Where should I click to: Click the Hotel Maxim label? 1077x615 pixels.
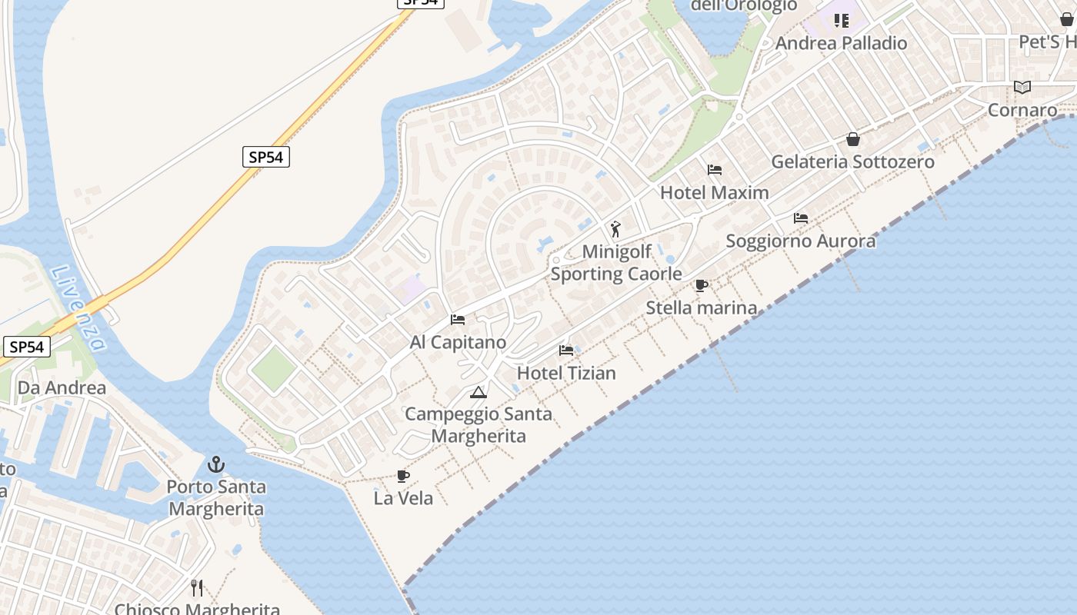tap(714, 192)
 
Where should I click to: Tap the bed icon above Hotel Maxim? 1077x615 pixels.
tap(715, 170)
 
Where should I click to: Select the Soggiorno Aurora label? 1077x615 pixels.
tap(800, 241)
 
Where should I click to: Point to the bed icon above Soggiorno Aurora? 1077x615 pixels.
tap(801, 218)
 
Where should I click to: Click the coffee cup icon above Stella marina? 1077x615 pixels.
tap(701, 285)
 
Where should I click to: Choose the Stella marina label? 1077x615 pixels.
tap(701, 307)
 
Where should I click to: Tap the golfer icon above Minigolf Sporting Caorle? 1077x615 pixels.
tap(615, 229)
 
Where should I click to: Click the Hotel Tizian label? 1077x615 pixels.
tap(566, 373)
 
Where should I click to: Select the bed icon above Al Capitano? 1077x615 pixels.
tap(458, 320)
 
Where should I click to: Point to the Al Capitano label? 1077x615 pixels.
tap(458, 342)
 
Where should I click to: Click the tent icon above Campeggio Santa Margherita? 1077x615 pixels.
tap(478, 393)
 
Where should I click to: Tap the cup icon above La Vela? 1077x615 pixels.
tap(402, 476)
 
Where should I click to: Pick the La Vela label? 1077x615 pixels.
tap(403, 498)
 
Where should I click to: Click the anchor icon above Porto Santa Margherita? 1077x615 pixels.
tap(216, 464)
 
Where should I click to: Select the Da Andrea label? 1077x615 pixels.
tap(62, 387)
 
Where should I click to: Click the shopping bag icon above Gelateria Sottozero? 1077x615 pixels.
tap(853, 139)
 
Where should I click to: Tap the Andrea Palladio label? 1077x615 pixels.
tap(841, 43)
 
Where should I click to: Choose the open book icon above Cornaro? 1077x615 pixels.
tap(1022, 88)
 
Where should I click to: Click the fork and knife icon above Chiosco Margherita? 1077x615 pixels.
tap(197, 588)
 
